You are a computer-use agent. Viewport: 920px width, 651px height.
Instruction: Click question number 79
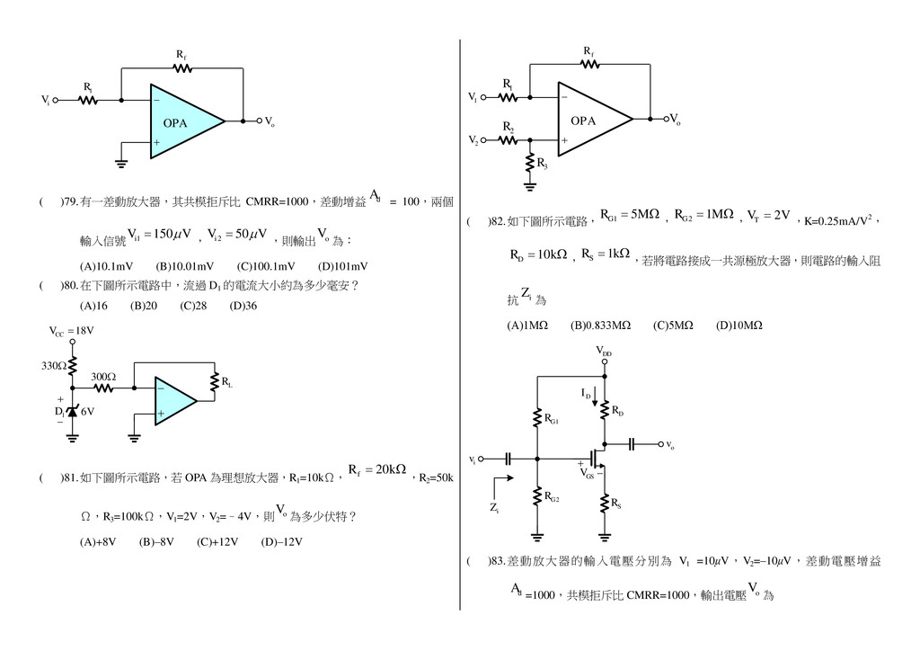[68, 202]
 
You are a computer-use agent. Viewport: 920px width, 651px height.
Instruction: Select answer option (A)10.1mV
[106, 266]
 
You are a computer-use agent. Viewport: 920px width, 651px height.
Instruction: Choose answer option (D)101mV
[342, 266]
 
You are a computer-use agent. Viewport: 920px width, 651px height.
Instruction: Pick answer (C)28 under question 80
[193, 306]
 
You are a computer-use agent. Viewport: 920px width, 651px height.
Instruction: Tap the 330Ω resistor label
[53, 366]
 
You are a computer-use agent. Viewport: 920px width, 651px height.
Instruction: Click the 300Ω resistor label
[103, 377]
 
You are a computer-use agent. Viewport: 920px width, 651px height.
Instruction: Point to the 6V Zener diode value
[87, 412]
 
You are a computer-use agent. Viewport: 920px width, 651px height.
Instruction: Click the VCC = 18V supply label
[71, 331]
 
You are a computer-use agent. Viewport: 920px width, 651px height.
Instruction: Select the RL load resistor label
[227, 384]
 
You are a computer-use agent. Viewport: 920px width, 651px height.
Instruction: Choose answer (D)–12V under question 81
[281, 541]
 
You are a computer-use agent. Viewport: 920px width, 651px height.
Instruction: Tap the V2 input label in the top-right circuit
[473, 140]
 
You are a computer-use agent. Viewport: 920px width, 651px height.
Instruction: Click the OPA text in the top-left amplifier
[175, 123]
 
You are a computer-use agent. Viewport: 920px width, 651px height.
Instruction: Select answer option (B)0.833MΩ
[600, 325]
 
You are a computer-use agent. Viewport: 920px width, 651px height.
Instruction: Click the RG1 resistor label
[553, 419]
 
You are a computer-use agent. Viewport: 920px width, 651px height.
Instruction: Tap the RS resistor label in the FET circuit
[616, 504]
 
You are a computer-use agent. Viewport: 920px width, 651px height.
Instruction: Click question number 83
[496, 561]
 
